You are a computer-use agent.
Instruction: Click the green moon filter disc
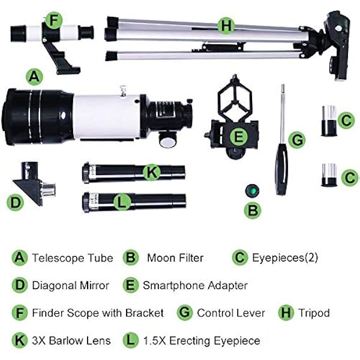[253, 190]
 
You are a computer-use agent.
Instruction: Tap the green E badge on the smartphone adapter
[239, 136]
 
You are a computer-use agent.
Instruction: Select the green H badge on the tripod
[226, 25]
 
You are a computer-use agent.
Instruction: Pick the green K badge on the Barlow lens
[151, 172]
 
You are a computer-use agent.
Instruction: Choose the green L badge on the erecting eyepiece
[122, 202]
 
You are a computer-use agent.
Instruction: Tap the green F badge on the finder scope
[54, 20]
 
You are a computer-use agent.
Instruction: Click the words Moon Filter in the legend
[175, 258]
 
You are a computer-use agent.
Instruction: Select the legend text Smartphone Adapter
[195, 286]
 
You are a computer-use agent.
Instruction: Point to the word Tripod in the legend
[314, 313]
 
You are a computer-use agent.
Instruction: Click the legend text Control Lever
[231, 313]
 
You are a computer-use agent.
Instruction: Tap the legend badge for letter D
[20, 285]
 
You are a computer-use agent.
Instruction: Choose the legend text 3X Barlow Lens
[71, 341]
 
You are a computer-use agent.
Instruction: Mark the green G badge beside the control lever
[297, 140]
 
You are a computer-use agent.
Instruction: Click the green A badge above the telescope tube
[34, 77]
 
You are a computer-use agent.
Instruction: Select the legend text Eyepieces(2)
[285, 258]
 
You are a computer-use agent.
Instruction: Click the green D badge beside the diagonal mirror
[15, 202]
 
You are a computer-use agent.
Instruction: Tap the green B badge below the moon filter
[253, 210]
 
